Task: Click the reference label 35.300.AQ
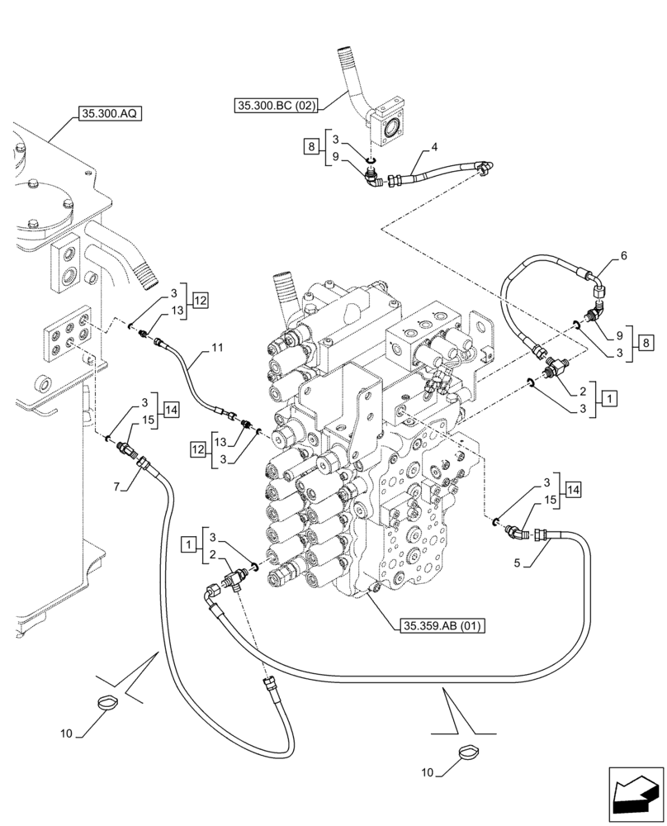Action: click(110, 114)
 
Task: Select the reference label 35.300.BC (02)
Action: click(276, 106)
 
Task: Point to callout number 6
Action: click(623, 257)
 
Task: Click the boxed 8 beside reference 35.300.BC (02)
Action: click(311, 147)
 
